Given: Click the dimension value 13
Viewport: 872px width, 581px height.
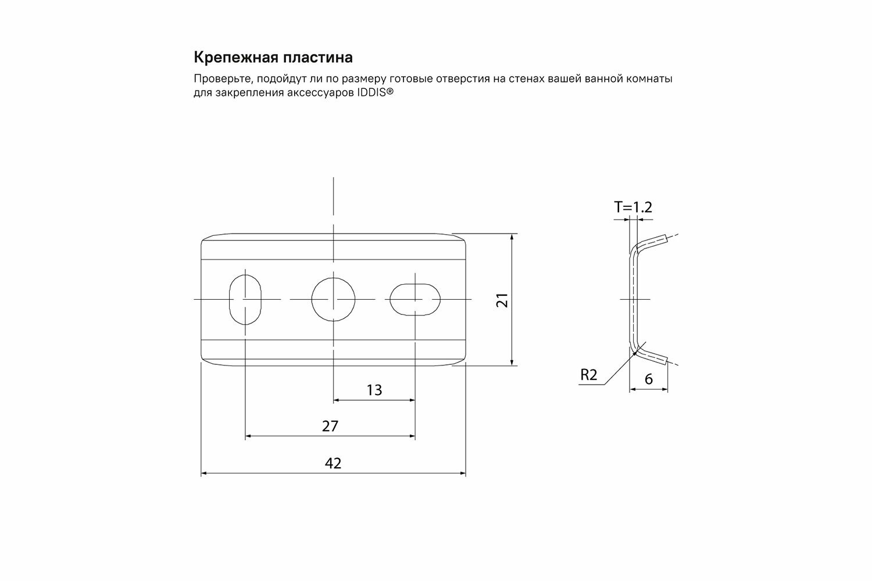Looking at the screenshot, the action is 374,390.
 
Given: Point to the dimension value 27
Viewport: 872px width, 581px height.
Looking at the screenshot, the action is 330,426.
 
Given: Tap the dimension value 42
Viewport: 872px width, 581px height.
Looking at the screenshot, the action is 333,463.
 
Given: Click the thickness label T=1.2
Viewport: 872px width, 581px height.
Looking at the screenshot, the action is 633,207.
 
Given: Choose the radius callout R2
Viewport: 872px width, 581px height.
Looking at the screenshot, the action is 589,375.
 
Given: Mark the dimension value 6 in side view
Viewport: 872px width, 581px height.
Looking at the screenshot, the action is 649,379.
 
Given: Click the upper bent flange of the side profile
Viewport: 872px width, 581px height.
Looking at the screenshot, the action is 651,241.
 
